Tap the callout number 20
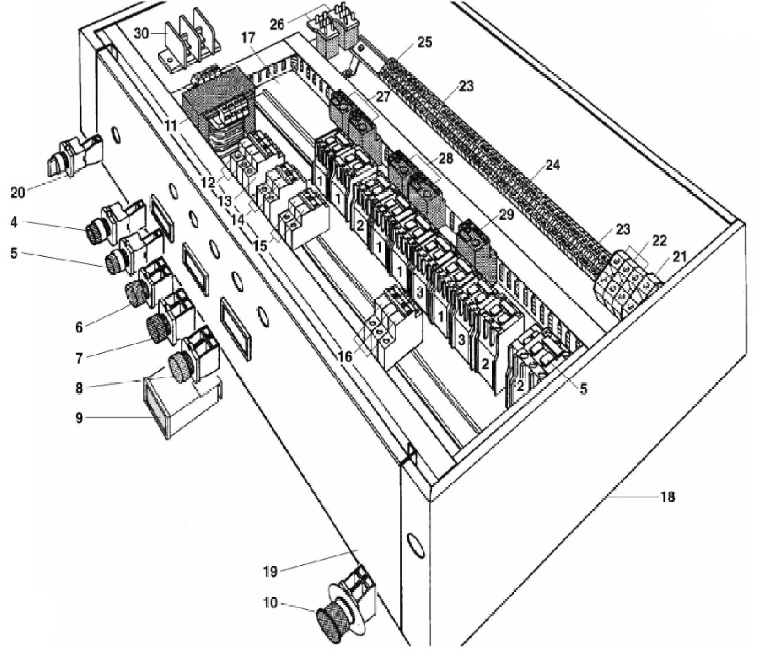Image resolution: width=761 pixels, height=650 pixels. click(x=18, y=192)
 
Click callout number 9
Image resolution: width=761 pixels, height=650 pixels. click(x=79, y=418)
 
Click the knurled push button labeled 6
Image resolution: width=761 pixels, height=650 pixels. click(x=136, y=295)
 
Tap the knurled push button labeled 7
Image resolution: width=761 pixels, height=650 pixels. click(x=158, y=328)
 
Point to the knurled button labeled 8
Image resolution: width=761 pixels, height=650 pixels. click(x=181, y=367)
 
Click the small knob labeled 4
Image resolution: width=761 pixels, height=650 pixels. click(x=96, y=234)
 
